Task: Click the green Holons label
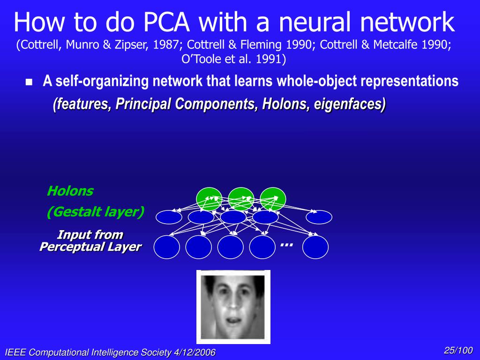pos(70,191)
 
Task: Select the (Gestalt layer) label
pos(95,212)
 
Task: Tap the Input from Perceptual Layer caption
pos(90,241)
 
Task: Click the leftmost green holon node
pos(209,198)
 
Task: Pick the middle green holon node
pos(241,198)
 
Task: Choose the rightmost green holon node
pos(273,198)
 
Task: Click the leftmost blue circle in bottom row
pos(167,247)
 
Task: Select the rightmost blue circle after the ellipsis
pos(315,247)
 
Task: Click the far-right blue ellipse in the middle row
pos(319,217)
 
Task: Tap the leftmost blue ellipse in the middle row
pos(169,217)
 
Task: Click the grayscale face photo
pos(233,307)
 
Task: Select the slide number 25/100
pos(458,351)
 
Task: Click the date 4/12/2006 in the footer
pos(192,352)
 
